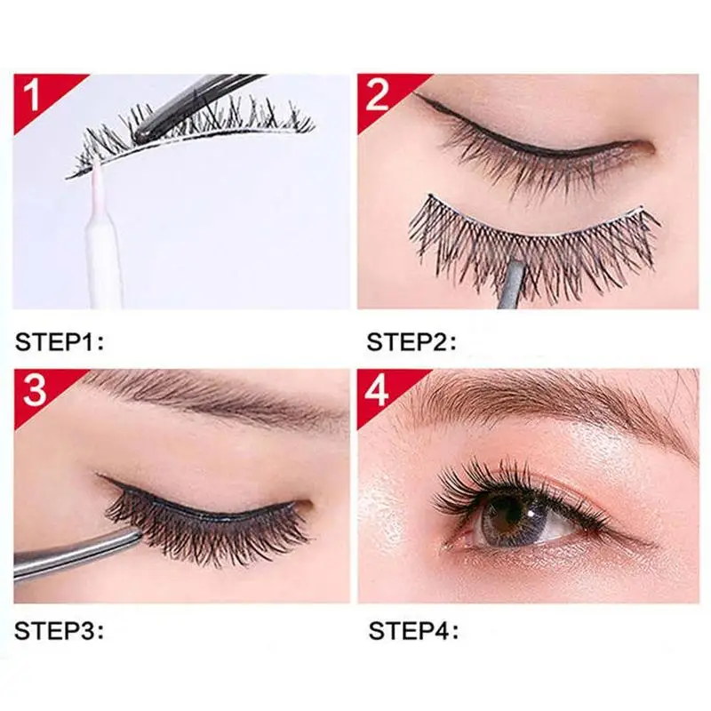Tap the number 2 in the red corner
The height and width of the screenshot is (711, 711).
[378, 93]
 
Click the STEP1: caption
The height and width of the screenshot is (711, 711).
[60, 340]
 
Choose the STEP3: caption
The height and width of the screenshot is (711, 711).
[60, 634]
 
